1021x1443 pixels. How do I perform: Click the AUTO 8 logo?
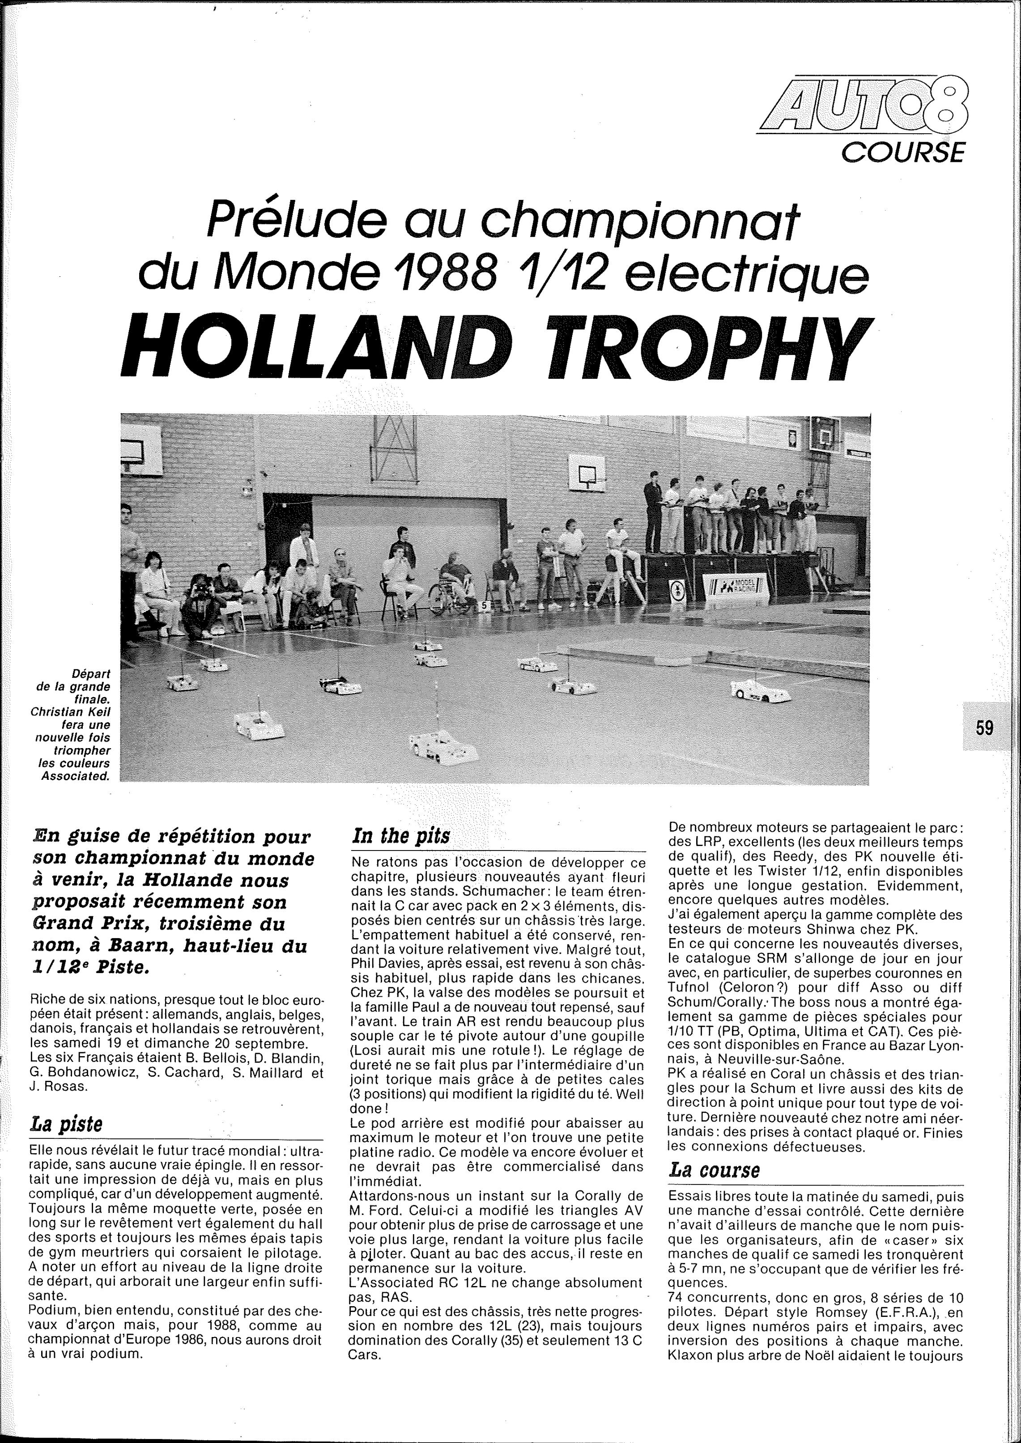(864, 104)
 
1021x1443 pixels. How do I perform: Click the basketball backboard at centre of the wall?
(587, 473)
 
